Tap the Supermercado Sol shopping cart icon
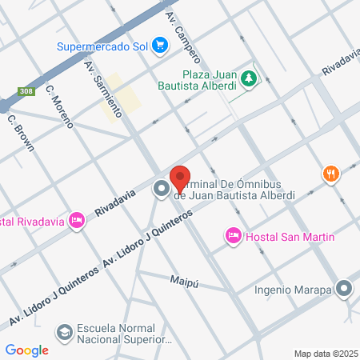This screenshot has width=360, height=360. [x=160, y=45]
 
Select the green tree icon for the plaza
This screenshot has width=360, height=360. [x=250, y=77]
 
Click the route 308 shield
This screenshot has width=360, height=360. [x=26, y=90]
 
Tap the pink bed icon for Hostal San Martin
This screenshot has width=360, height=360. [x=233, y=235]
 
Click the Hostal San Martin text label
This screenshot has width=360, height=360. [x=289, y=236]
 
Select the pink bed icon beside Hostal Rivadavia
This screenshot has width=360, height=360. [x=77, y=219]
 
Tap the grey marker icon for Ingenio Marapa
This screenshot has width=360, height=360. [x=345, y=289]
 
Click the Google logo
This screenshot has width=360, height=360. [x=27, y=350]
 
